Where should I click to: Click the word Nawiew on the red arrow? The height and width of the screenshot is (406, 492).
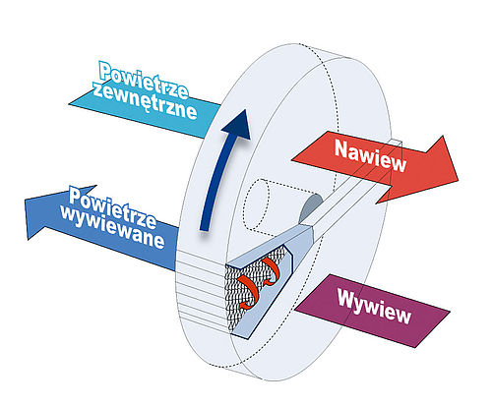tap(370, 155)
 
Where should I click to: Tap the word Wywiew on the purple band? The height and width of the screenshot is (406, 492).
tap(374, 307)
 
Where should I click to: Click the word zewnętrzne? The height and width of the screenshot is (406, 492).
tap(145, 101)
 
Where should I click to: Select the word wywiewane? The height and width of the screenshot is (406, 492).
tap(112, 228)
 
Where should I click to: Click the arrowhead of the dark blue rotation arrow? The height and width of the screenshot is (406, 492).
tap(238, 125)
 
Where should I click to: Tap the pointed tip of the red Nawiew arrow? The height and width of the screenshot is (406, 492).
tap(458, 180)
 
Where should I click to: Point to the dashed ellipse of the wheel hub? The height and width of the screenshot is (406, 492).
tap(256, 203)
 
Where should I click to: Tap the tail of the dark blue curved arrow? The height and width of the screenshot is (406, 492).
tap(205, 227)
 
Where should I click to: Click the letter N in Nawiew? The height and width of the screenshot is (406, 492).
tap(341, 148)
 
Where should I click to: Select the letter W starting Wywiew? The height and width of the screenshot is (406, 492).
tap(347, 298)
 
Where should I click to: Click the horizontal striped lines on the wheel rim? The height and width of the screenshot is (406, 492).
tap(199, 288)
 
